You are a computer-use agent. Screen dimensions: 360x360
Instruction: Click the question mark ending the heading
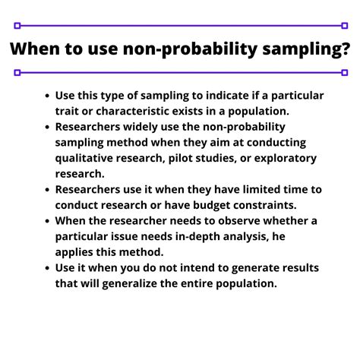point(346,49)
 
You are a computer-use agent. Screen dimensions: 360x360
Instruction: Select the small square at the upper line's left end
point(16,25)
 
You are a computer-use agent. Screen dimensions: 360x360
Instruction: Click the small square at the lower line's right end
point(344,73)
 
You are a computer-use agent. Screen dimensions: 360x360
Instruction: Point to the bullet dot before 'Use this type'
point(48,96)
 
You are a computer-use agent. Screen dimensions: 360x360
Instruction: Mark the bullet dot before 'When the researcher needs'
point(48,221)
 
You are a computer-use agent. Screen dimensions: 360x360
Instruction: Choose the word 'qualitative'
point(86,158)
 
